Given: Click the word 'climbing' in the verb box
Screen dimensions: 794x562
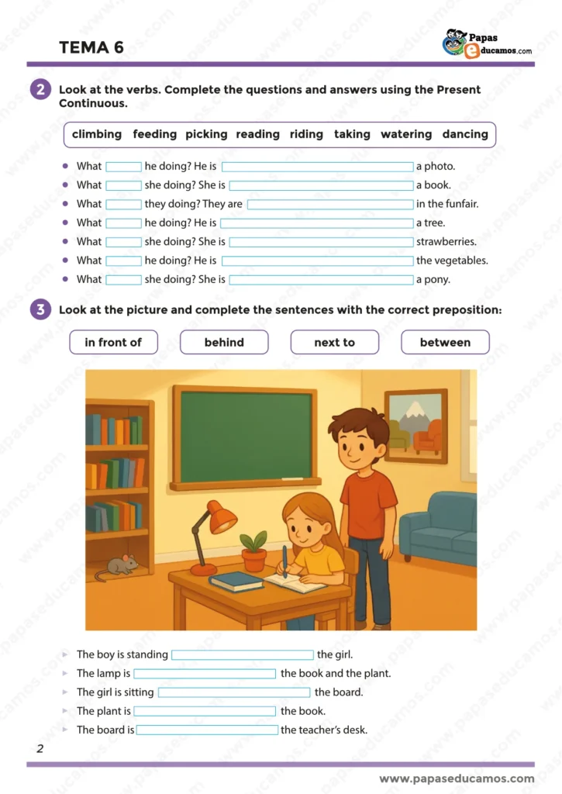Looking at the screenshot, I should pyautogui.click(x=97, y=134).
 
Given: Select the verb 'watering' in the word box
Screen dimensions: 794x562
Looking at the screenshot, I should pyautogui.click(x=406, y=134).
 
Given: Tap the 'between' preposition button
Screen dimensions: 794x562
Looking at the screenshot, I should pyautogui.click(x=445, y=342).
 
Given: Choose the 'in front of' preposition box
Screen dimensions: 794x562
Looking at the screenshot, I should pyautogui.click(x=113, y=342).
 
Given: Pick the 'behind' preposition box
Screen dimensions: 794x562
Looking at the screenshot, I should pyautogui.click(x=224, y=342).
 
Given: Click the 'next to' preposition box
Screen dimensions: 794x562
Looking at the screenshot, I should pyautogui.click(x=334, y=342).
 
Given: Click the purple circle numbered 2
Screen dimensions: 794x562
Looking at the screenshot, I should pyautogui.click(x=40, y=90).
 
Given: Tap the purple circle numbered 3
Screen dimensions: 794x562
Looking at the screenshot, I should pyautogui.click(x=40, y=310).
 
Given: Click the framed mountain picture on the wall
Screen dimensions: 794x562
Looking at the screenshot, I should pyautogui.click(x=416, y=425).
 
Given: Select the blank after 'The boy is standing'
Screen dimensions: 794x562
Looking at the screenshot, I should pyautogui.click(x=243, y=655).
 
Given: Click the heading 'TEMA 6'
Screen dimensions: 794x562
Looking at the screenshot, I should pyautogui.click(x=91, y=48).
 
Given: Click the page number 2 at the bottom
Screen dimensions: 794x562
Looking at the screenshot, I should pyautogui.click(x=40, y=748).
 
